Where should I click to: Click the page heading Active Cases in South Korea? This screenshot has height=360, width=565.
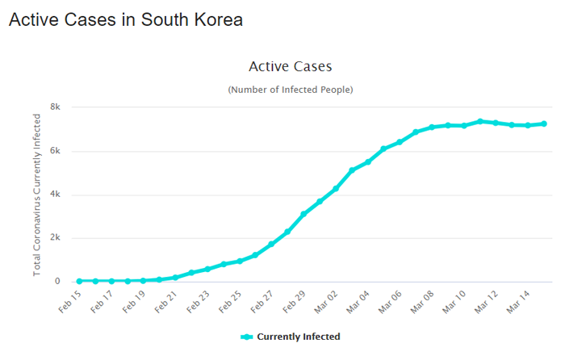point(125,19)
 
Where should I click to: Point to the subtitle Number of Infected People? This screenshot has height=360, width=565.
point(290,89)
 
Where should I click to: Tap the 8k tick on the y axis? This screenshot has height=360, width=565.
point(56,107)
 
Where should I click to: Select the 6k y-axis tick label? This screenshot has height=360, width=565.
point(56,151)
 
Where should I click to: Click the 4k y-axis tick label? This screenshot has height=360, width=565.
point(56,195)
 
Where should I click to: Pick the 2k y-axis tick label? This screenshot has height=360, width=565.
point(56,238)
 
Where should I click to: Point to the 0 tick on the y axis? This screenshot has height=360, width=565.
point(57,282)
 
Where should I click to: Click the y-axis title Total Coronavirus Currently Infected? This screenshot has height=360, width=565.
point(37,195)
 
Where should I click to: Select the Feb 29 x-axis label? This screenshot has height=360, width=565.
point(293,302)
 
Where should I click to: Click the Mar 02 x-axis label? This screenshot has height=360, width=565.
point(325,302)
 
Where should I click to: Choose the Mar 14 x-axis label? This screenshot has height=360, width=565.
point(517,302)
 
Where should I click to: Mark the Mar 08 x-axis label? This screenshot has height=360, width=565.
point(421,302)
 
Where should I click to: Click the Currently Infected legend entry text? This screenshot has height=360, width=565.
point(298,337)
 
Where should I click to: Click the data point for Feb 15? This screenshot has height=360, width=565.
point(79,281)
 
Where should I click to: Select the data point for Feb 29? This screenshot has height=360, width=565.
point(303,214)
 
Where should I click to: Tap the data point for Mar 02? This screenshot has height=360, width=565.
point(336,188)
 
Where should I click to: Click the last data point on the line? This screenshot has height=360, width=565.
point(544,123)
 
